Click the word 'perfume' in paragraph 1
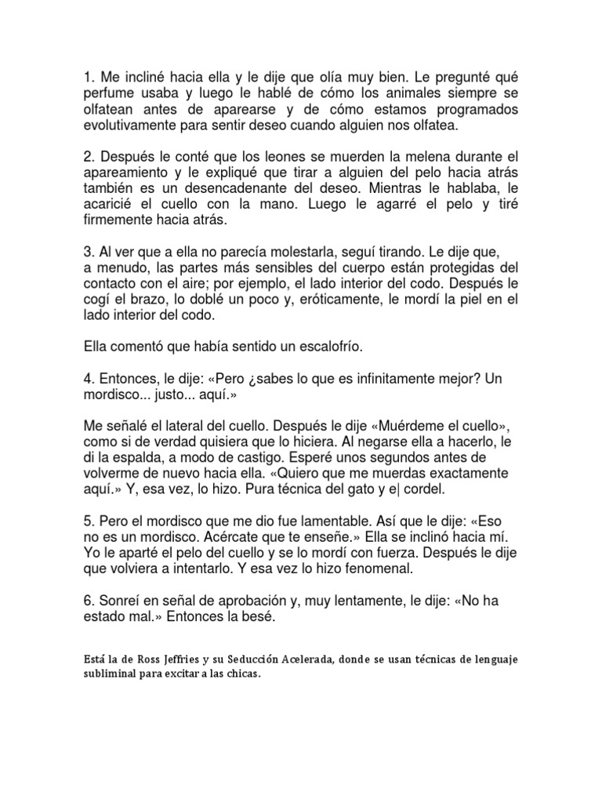110,94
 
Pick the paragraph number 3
87,253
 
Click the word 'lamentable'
334,521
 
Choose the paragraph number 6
87,601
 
